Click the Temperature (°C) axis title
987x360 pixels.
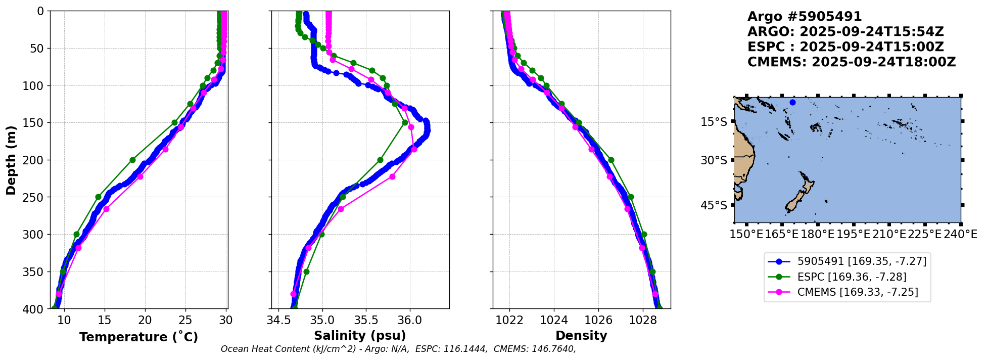(138, 337)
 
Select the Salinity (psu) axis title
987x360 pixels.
(360, 336)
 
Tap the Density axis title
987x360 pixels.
(581, 336)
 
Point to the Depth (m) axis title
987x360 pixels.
(11, 160)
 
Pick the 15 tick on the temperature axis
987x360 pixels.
(104, 320)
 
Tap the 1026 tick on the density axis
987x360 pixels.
(598, 320)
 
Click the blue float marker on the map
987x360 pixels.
(792, 103)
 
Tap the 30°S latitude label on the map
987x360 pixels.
(714, 160)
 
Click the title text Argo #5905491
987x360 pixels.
(805, 17)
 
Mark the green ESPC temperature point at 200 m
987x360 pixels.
(132, 160)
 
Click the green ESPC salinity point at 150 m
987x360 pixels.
(405, 122)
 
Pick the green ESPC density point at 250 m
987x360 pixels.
(631, 197)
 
